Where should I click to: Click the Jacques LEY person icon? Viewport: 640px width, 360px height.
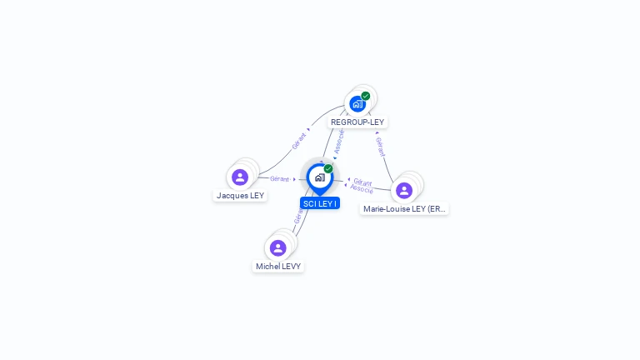240,177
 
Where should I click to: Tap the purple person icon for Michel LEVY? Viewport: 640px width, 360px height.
278,247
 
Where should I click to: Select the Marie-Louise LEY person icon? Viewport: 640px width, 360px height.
404,190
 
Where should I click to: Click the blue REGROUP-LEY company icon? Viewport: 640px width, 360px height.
357,104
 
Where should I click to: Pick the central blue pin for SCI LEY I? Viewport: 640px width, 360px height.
319,177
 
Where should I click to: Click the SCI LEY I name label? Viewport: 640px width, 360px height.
320,203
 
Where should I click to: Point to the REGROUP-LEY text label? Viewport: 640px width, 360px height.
357,122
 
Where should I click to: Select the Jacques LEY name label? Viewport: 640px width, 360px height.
240,196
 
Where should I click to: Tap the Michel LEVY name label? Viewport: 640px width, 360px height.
279,267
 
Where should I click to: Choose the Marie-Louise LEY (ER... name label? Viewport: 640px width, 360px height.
405,209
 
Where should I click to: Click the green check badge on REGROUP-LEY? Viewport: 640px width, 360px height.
366,96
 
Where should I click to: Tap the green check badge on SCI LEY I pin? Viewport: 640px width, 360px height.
328,169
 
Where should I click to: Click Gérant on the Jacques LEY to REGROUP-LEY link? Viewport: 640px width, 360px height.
299,140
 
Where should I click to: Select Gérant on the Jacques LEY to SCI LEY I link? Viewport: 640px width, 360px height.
279,179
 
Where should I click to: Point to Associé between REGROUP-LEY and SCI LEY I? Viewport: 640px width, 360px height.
339,141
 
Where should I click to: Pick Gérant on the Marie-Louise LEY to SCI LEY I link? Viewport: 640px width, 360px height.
362,181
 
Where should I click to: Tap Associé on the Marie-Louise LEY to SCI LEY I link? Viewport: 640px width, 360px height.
362,189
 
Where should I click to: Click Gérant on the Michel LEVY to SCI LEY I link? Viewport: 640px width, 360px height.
297,215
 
